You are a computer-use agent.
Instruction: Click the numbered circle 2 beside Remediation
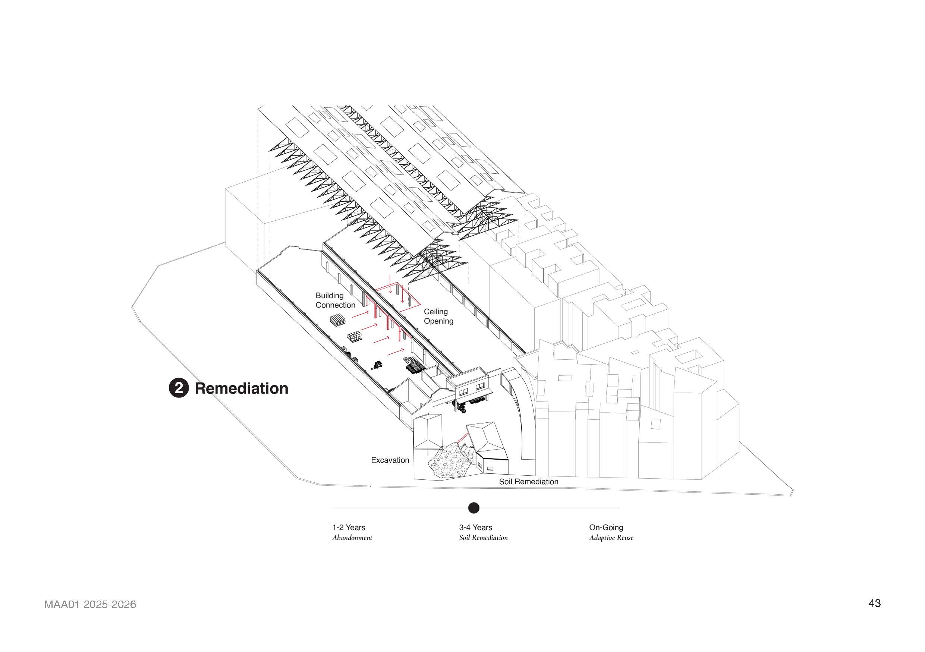click(x=179, y=388)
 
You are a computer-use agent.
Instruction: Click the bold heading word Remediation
click(x=242, y=388)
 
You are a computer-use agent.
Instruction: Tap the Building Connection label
click(x=335, y=300)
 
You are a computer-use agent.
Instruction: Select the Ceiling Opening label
click(x=438, y=316)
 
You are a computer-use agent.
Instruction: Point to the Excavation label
click(x=390, y=460)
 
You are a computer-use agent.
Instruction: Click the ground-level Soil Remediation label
click(x=529, y=482)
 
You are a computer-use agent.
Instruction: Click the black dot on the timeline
click(x=474, y=508)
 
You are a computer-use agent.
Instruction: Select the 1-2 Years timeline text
click(x=349, y=527)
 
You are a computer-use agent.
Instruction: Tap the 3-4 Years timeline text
click(x=476, y=527)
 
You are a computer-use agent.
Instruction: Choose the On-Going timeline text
click(x=606, y=527)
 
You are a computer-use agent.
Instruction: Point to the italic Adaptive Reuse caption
click(x=611, y=538)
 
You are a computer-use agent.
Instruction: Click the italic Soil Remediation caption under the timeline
click(x=484, y=538)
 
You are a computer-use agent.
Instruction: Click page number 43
click(x=875, y=603)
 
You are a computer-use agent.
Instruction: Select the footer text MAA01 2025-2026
click(x=90, y=605)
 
